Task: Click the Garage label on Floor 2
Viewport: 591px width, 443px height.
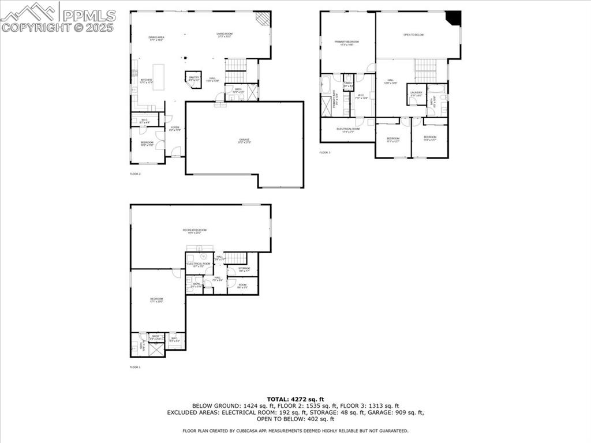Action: click(x=244, y=140)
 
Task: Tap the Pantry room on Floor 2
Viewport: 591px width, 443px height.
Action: click(x=193, y=78)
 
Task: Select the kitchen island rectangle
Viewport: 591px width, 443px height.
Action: click(x=158, y=77)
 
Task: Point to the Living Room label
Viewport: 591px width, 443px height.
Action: click(x=225, y=35)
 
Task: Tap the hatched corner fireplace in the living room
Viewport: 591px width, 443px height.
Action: click(x=263, y=19)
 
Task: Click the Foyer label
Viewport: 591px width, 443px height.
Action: click(x=174, y=129)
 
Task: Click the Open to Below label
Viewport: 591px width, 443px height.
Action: click(x=413, y=35)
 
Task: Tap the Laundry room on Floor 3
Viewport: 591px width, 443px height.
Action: click(x=416, y=94)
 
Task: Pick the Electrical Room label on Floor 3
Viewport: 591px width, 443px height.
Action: click(x=348, y=130)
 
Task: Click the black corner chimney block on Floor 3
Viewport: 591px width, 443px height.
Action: click(x=455, y=18)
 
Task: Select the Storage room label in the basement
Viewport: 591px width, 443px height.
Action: click(x=245, y=269)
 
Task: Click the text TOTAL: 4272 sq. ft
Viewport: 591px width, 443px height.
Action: click(x=295, y=399)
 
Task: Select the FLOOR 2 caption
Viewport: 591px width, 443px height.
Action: click(x=136, y=174)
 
